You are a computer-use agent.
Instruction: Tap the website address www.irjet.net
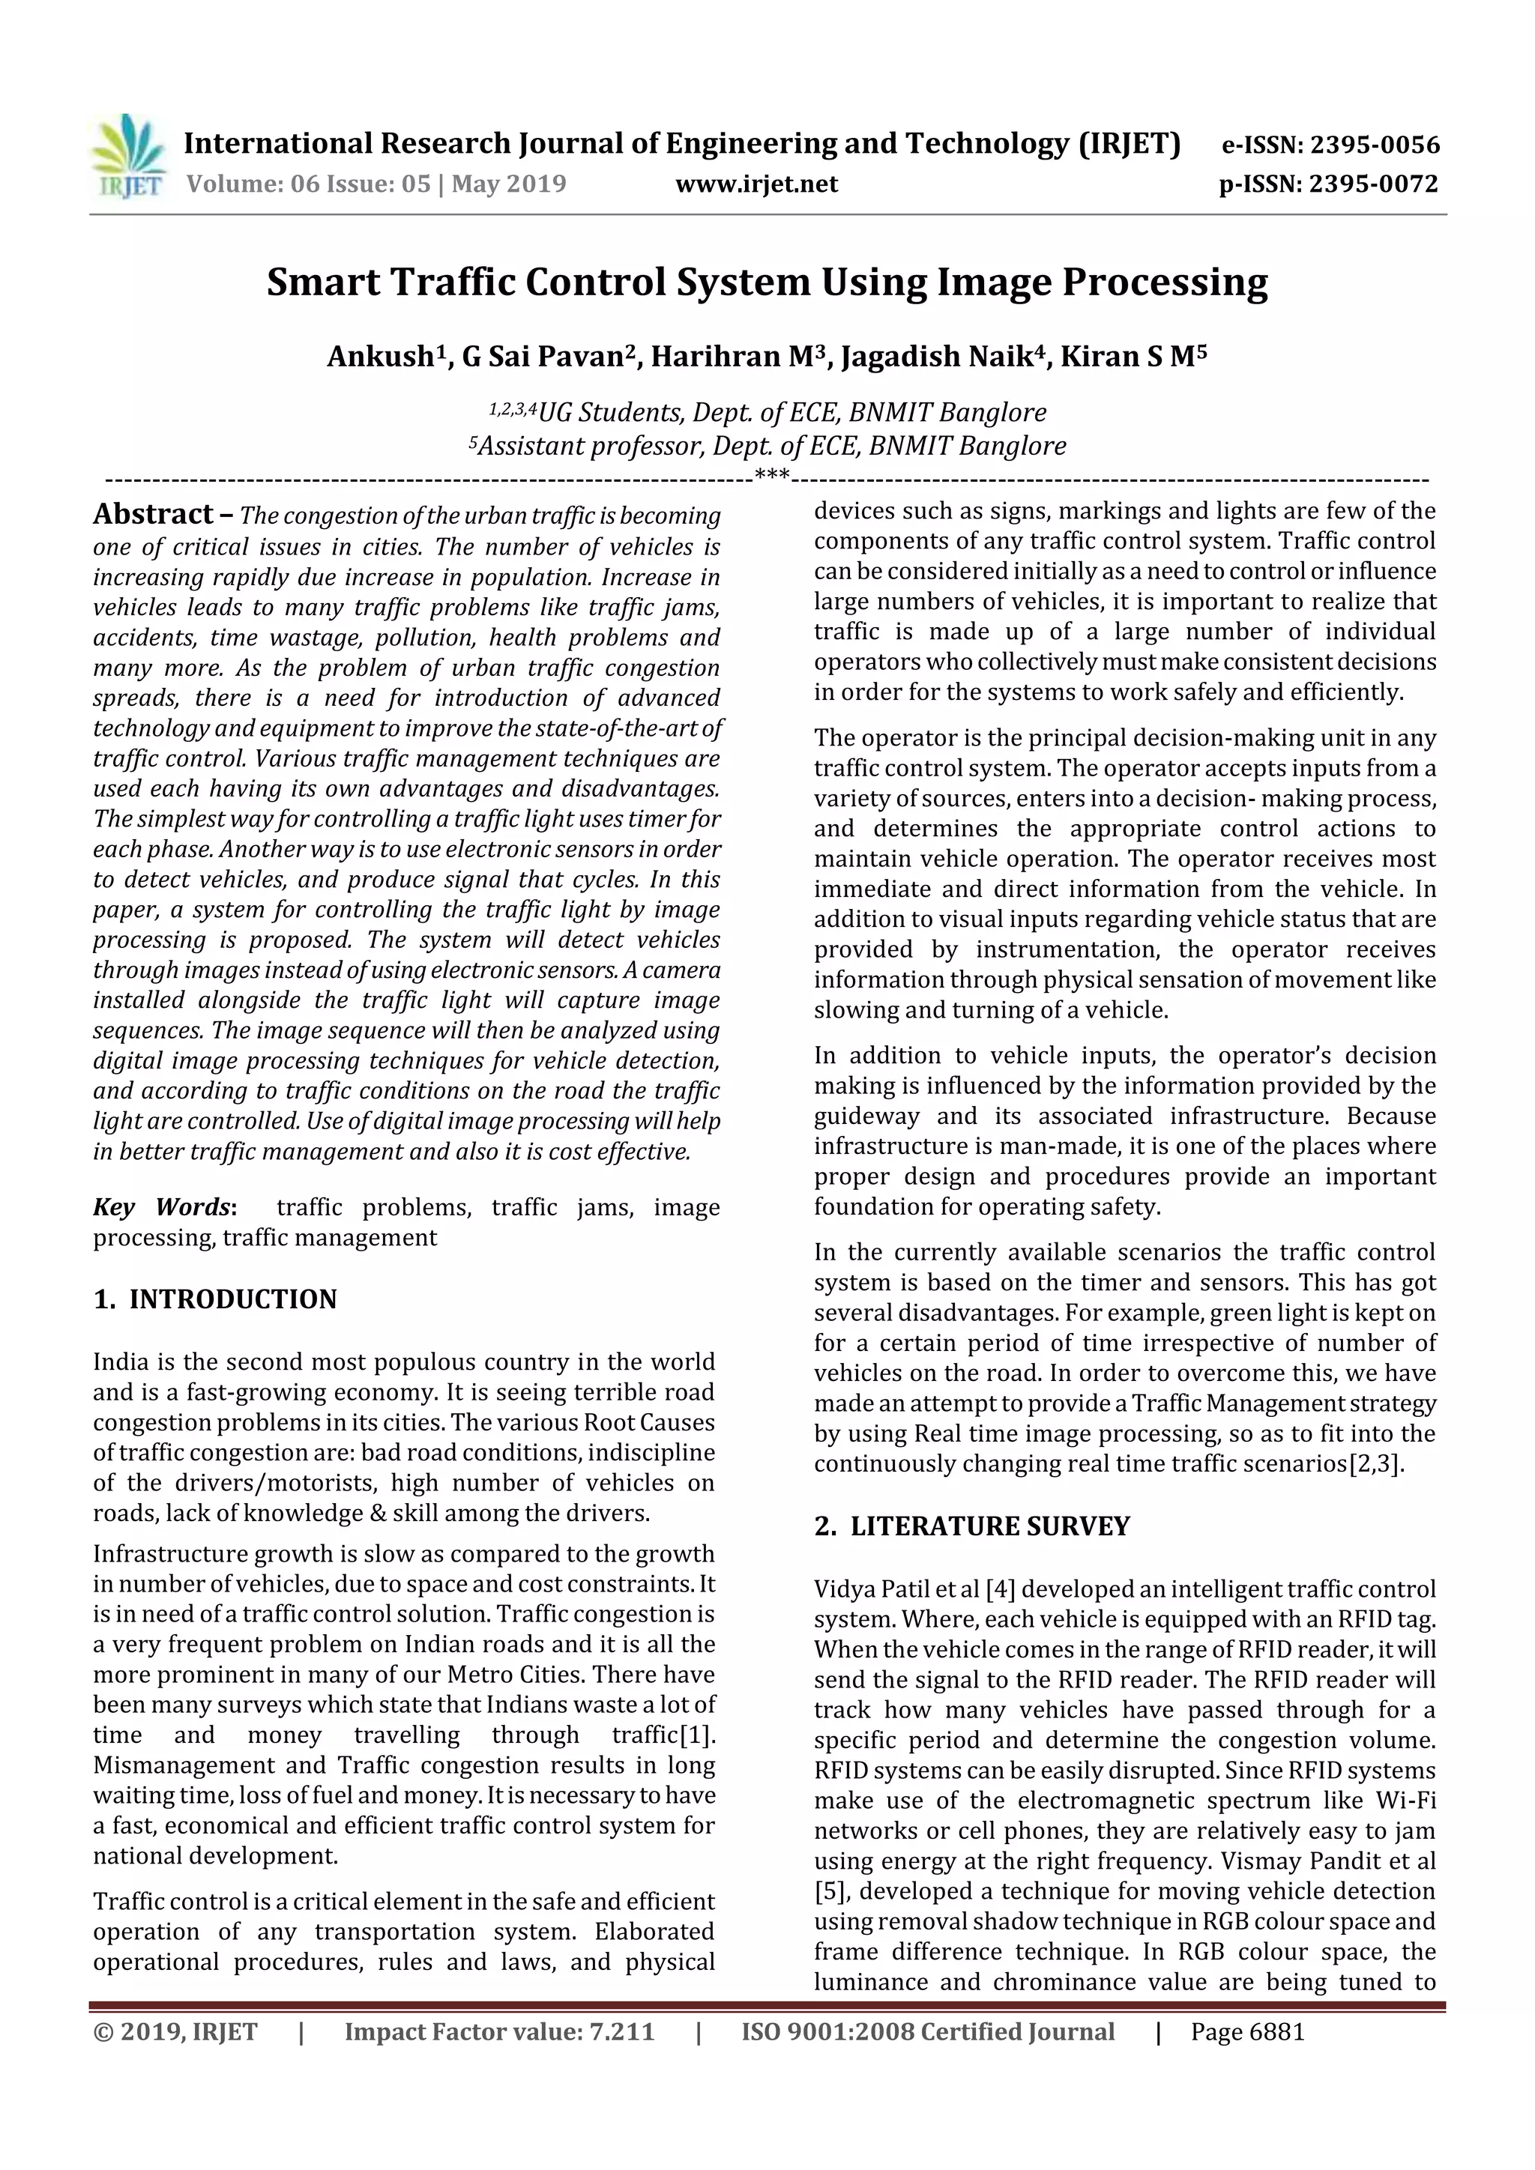[x=756, y=184]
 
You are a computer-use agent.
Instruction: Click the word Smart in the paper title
[x=321, y=282]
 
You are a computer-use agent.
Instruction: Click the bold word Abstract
[x=153, y=514]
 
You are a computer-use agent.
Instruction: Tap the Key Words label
[x=162, y=1208]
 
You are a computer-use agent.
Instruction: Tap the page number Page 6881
[x=1248, y=2032]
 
